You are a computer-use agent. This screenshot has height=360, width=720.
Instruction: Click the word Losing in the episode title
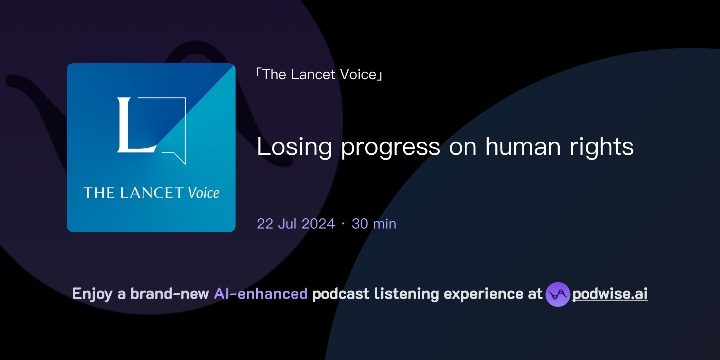point(294,147)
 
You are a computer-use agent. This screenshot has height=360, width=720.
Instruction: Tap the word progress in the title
point(390,148)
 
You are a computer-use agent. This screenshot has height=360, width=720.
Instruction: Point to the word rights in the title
point(602,147)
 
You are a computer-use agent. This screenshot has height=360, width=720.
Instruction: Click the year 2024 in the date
point(318,224)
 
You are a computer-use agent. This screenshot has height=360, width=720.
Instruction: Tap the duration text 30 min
point(374,224)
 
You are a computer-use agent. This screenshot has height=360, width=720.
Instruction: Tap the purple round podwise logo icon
point(558,294)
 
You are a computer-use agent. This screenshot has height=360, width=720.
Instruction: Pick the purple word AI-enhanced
point(261,294)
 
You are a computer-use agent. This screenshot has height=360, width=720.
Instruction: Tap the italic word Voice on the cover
point(204,193)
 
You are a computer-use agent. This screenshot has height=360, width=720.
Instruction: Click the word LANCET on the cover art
point(152,193)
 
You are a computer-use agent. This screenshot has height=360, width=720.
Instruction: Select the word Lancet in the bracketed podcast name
point(313,75)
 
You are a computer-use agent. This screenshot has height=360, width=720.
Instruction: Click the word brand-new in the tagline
point(169,294)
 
